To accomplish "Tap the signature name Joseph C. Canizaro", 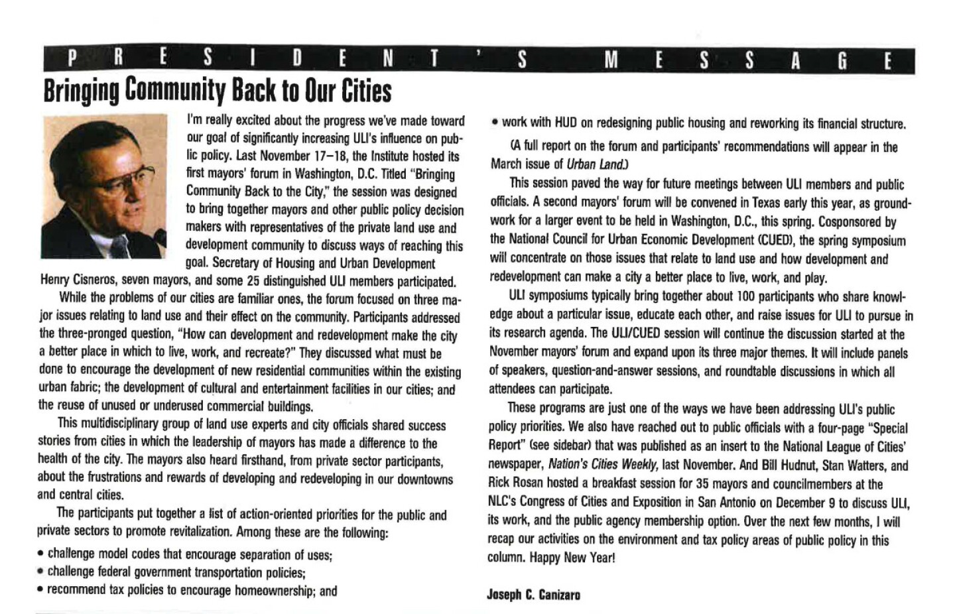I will pyautogui.click(x=534, y=595).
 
